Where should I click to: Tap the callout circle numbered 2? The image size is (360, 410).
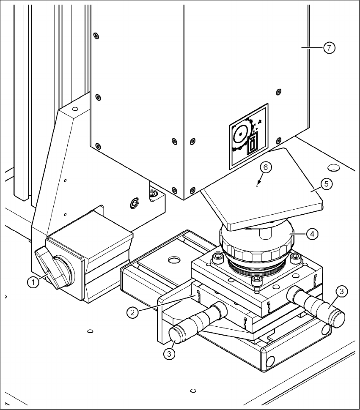133,312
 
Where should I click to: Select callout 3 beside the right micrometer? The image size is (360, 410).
342,291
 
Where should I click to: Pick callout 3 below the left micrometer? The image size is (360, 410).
169,354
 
